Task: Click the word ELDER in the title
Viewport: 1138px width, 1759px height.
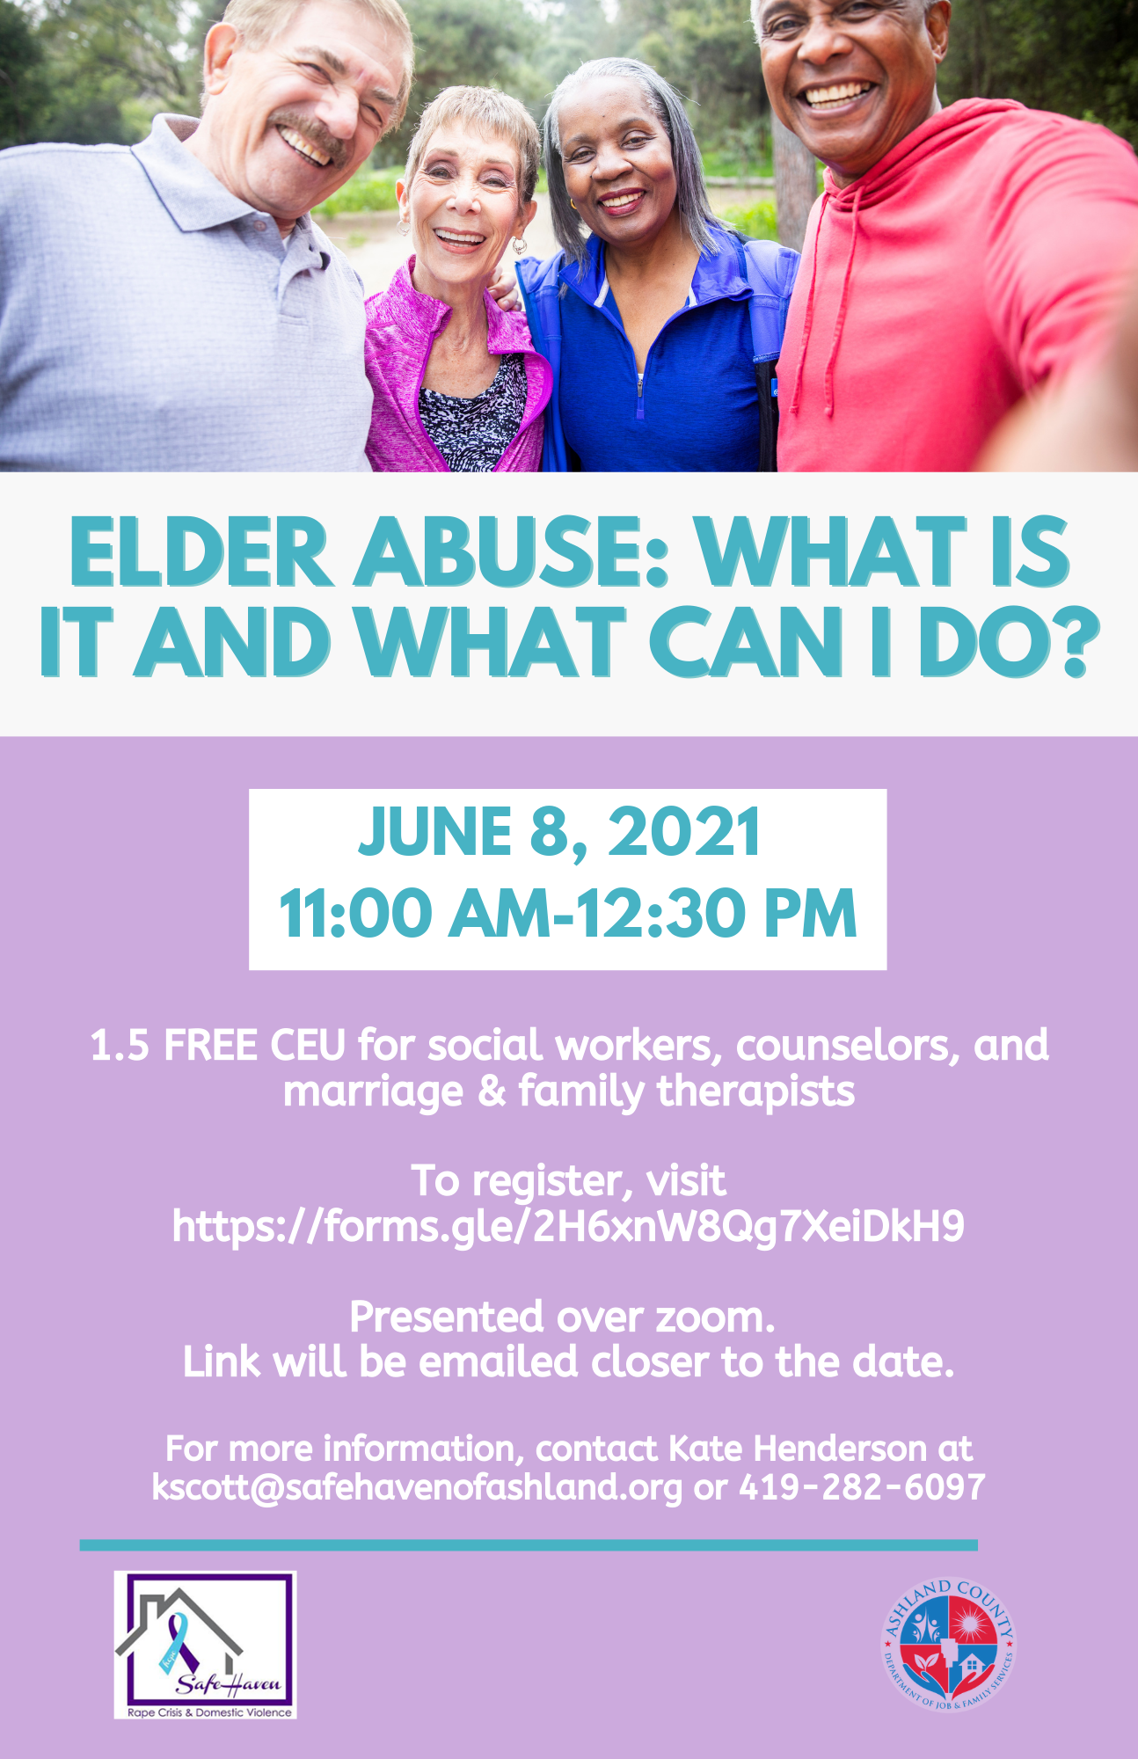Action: coord(201,551)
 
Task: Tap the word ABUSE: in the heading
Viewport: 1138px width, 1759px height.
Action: coord(513,551)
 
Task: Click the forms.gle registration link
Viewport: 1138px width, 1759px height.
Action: coord(568,1226)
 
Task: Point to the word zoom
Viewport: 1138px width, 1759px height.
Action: coord(716,1317)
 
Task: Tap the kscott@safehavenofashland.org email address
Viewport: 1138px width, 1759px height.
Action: coord(417,1487)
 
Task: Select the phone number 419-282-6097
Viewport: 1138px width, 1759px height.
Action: coord(862,1487)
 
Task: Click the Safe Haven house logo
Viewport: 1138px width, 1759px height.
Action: coord(205,1645)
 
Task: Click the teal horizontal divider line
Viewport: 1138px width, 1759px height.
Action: coord(529,1545)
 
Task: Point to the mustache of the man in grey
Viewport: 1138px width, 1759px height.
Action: coord(312,137)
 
